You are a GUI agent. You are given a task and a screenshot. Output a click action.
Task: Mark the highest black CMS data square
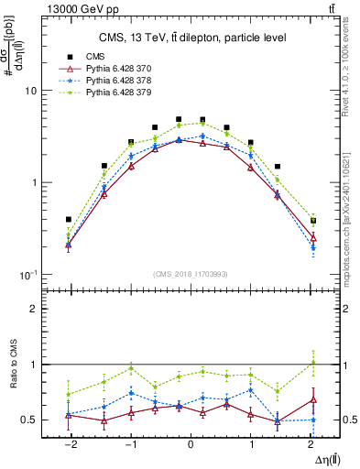tap(179, 119)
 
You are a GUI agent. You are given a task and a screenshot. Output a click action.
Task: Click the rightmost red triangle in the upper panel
tap(312, 237)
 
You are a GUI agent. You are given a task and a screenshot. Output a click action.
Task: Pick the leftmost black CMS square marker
tap(69, 219)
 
